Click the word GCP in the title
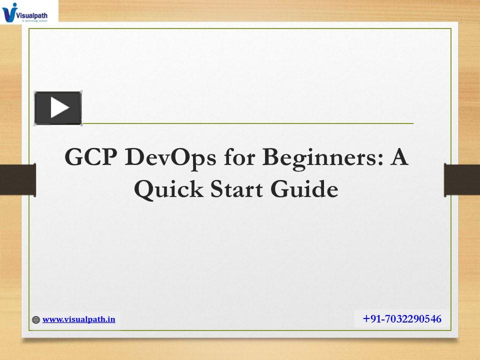pos(91,158)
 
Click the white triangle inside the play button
pos(59,107)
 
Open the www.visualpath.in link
pos(78,319)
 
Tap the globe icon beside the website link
pos(36,320)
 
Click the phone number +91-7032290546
pos(402,319)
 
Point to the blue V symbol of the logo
pos(9,12)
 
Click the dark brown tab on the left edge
pos(17,180)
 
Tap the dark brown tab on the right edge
pos(462,180)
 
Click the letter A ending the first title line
pos(399,158)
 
